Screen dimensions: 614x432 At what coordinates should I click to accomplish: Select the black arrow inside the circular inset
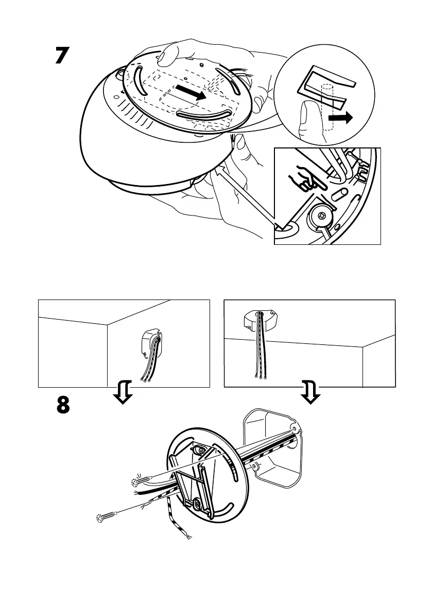tap(341, 119)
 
